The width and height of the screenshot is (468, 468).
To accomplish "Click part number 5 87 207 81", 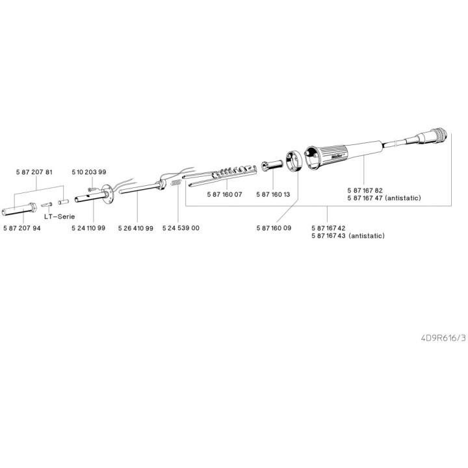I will tap(33, 172).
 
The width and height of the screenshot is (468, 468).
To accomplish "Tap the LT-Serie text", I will tap(58, 217).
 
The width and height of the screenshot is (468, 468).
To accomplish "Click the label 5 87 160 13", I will tap(274, 194).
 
